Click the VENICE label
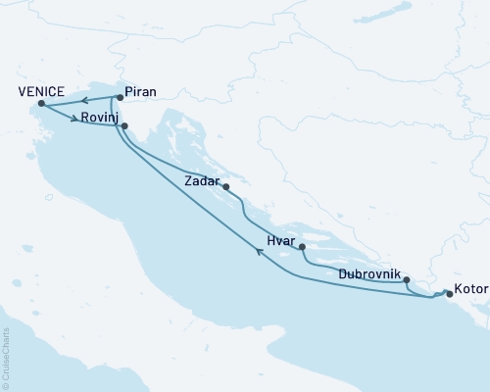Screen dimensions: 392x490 [40, 91]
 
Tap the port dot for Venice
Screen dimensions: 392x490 [41, 104]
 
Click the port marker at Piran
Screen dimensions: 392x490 [119, 97]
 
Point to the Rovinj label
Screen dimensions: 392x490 [100, 118]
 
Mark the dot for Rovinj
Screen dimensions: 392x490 [124, 125]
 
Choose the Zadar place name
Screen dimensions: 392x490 [202, 180]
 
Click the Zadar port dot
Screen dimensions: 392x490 [226, 187]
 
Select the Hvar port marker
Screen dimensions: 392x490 [302, 247]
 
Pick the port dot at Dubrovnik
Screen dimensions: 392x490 [407, 280]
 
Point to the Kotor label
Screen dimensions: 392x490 [471, 291]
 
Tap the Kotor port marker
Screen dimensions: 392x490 [448, 292]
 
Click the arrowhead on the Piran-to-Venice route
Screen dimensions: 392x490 [84, 100]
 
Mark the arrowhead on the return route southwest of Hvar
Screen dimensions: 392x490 [260, 252]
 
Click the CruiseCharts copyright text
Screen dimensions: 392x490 [6, 360]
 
